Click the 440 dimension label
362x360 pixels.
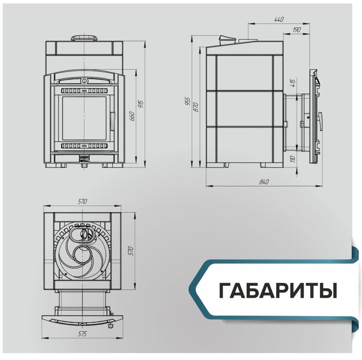click(x=278, y=19)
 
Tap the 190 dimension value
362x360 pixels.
click(x=297, y=30)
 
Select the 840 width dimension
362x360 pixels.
click(x=264, y=182)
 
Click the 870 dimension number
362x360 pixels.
click(x=196, y=107)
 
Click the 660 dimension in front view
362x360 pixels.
click(x=132, y=117)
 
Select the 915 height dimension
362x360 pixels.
click(x=140, y=104)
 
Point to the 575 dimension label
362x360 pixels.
click(x=82, y=334)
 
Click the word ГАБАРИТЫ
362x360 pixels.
click(x=278, y=290)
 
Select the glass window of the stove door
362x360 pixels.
click(x=84, y=118)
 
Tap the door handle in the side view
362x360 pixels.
click(x=321, y=120)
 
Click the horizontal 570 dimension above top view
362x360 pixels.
click(x=82, y=202)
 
